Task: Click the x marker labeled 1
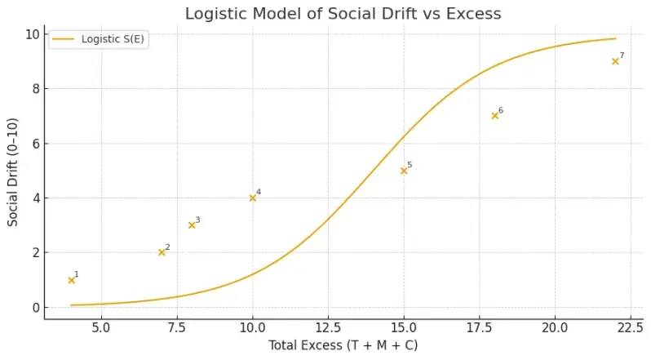click(x=71, y=280)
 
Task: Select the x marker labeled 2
click(x=162, y=252)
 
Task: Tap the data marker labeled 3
click(x=192, y=224)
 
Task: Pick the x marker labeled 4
click(x=252, y=198)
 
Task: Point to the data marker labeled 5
click(x=404, y=171)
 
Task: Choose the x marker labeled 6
click(x=494, y=116)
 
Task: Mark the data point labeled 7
click(x=615, y=61)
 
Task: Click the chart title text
click(x=343, y=13)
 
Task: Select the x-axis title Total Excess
click(x=343, y=345)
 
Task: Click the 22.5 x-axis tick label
click(x=615, y=327)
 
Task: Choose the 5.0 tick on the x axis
click(x=101, y=327)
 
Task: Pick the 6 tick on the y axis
click(x=33, y=144)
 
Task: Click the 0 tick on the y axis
click(x=33, y=308)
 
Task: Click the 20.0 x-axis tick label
click(x=555, y=327)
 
